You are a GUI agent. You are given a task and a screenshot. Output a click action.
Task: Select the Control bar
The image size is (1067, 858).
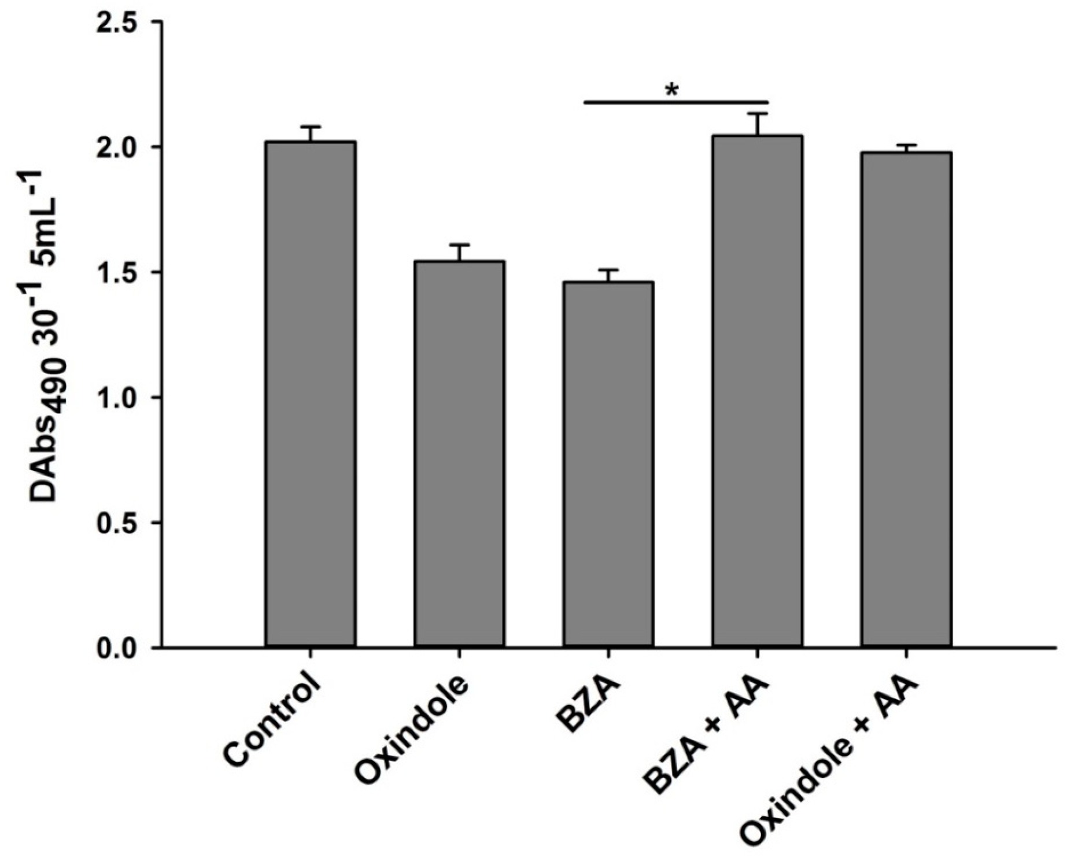pyautogui.click(x=311, y=393)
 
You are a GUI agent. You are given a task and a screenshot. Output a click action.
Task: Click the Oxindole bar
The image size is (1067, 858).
pyautogui.click(x=460, y=454)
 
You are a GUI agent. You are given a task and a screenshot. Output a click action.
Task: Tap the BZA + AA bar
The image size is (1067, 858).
pyautogui.click(x=758, y=390)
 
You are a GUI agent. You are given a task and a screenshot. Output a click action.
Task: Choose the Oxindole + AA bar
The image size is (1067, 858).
pyautogui.click(x=906, y=399)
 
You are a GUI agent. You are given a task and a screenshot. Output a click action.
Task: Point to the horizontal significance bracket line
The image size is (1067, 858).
pyautogui.click(x=675, y=102)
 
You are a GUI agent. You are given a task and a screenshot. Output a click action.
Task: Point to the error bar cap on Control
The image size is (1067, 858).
pyautogui.click(x=311, y=127)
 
